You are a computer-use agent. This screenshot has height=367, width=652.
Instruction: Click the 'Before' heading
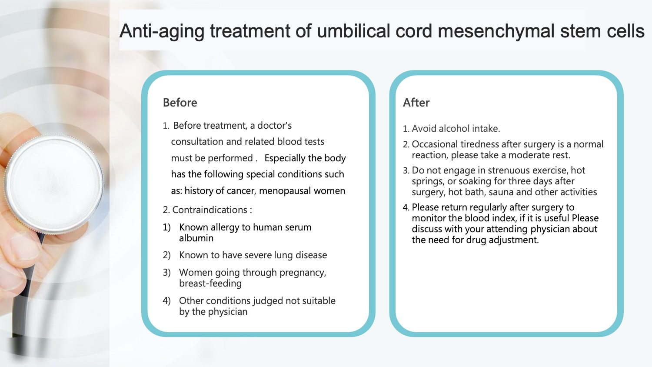(180, 103)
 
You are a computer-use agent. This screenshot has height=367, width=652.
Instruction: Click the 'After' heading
(416, 103)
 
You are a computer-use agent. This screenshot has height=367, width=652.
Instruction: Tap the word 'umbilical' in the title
(353, 31)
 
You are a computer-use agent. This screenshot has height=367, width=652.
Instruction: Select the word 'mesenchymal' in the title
(496, 31)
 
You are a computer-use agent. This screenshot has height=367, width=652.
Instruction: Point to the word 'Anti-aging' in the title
(162, 31)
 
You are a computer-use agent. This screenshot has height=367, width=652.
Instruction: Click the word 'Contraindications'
(210, 210)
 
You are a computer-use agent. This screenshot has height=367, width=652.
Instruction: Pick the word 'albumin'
(196, 238)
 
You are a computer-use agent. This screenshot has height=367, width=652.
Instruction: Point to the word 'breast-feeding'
(210, 283)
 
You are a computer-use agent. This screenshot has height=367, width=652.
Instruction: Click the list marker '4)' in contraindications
(166, 301)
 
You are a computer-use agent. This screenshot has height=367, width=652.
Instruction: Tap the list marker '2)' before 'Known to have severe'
(166, 255)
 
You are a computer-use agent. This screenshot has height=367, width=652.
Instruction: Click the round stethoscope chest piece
(54, 184)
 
